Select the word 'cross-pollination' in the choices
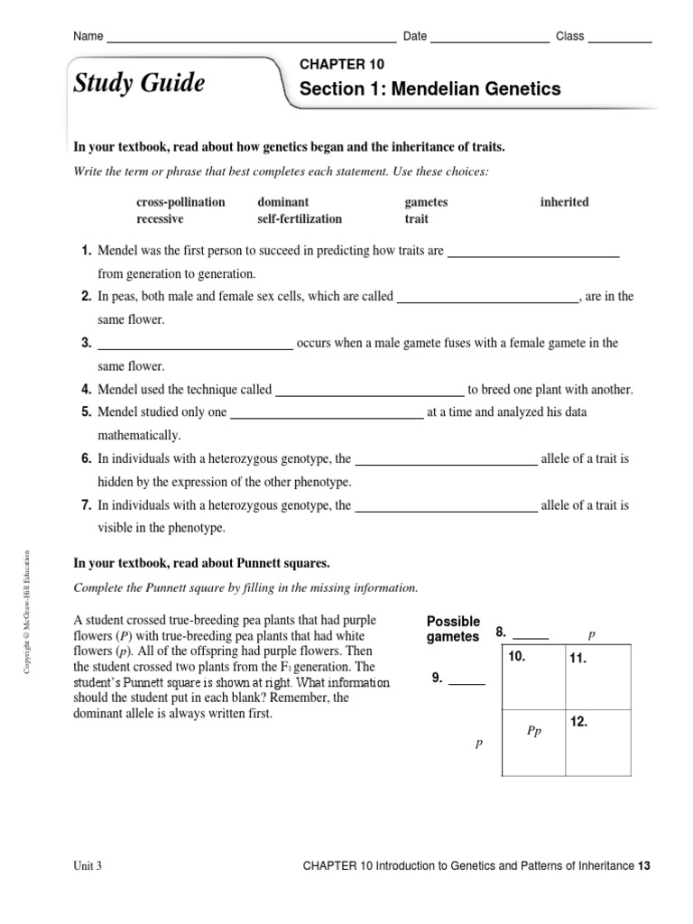tap(180, 202)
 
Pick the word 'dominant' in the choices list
tap(282, 202)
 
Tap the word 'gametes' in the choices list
tap(426, 202)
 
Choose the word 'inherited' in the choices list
tap(564, 202)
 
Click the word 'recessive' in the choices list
tap(160, 219)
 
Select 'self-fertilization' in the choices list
tap(300, 219)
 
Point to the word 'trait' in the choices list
tap(417, 219)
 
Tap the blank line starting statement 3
tap(194, 346)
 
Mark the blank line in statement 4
tap(368, 394)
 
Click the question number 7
tap(87, 506)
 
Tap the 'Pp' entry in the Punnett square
tap(533, 732)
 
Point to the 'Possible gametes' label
tap(453, 630)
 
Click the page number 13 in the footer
tap(643, 865)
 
